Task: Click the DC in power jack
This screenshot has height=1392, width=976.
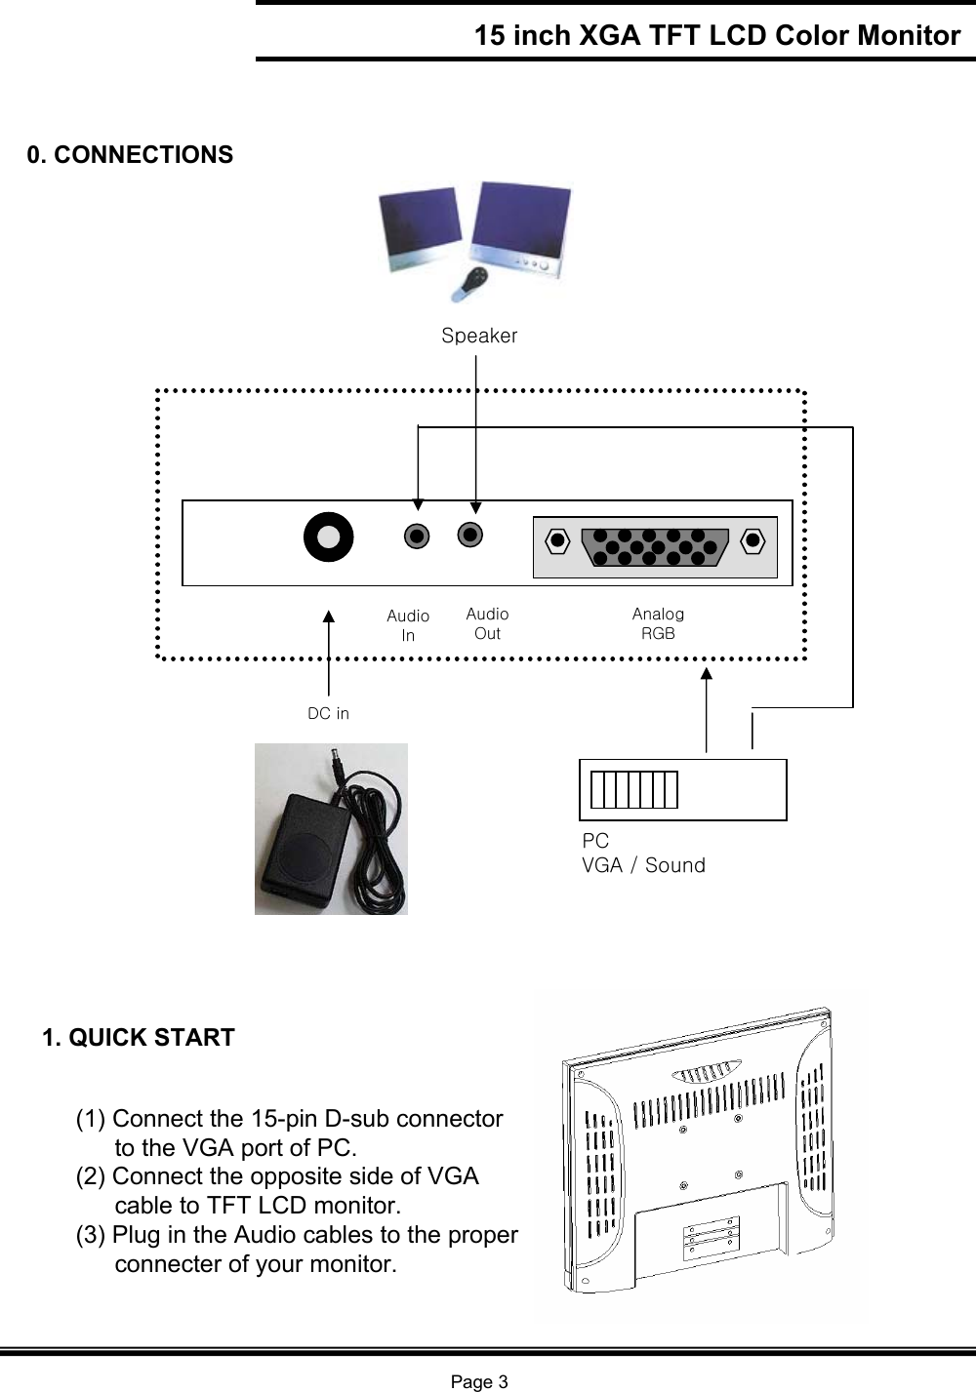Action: tap(328, 537)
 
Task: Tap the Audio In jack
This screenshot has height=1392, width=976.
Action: tap(417, 537)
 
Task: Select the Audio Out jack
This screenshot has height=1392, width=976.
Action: tap(470, 535)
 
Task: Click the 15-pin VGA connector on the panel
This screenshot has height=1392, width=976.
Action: tap(655, 546)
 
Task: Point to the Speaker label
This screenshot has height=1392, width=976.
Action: tap(479, 336)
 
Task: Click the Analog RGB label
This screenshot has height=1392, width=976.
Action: tap(658, 623)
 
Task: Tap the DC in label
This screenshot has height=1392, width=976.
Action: tap(328, 713)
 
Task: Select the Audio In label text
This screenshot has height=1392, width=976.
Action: tap(408, 625)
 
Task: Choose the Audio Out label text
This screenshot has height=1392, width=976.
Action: tap(487, 623)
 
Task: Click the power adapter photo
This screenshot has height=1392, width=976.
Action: tap(331, 829)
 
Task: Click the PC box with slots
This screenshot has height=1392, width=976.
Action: tap(682, 789)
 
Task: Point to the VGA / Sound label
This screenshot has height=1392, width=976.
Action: tap(643, 865)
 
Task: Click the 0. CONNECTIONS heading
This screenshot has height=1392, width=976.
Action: tap(130, 155)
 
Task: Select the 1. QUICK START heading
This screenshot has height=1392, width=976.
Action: tap(139, 1037)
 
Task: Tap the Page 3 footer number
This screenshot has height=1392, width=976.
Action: tap(478, 1381)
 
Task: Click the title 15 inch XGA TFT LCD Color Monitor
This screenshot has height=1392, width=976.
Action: tap(717, 36)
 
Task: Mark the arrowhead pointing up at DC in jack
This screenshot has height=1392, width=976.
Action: tap(329, 616)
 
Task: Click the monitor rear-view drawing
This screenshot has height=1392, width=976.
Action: tap(700, 1156)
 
